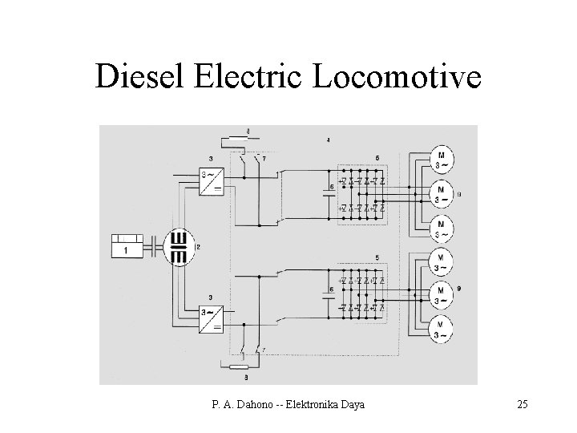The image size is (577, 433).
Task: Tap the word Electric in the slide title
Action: pyautogui.click(x=246, y=77)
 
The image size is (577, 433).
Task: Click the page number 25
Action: pyautogui.click(x=523, y=405)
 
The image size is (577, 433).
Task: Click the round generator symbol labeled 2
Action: pyautogui.click(x=180, y=246)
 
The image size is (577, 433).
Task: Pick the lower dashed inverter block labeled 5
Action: pyautogui.click(x=361, y=294)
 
